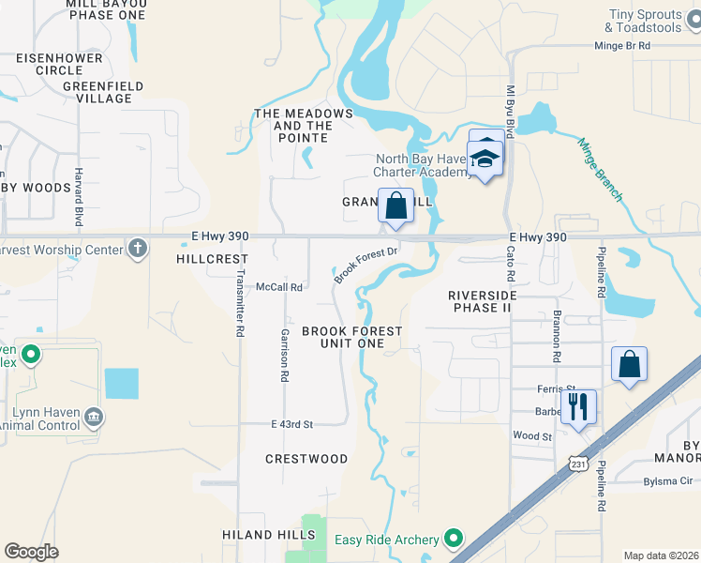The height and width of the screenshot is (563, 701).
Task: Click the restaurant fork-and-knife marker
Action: tap(578, 407)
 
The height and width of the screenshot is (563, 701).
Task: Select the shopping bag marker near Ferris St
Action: tap(629, 365)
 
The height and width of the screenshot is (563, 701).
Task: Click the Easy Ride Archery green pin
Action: tap(454, 539)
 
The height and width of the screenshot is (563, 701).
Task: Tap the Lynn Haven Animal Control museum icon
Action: tap(93, 416)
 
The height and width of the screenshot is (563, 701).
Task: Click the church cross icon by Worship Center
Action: tap(138, 250)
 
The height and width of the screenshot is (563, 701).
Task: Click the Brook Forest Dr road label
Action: tap(366, 262)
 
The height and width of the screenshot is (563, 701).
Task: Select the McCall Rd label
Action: tap(279, 287)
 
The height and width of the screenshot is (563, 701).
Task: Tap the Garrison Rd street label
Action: tap(283, 356)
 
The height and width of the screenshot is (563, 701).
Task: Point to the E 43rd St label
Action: tap(291, 424)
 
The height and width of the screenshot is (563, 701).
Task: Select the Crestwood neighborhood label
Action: tap(306, 459)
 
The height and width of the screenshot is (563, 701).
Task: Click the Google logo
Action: tap(31, 552)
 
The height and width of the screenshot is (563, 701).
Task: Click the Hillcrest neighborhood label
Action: tap(212, 258)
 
